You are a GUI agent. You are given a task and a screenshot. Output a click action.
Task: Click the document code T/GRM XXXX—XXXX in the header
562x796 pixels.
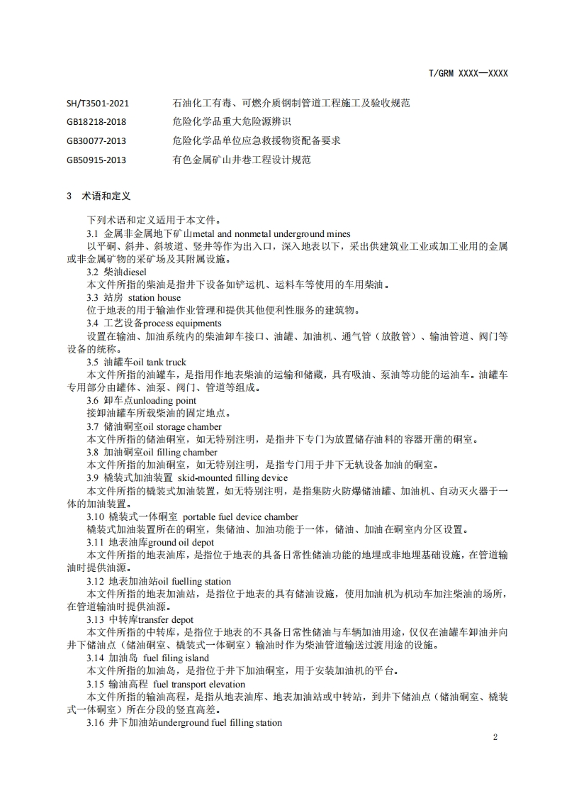tap(468, 73)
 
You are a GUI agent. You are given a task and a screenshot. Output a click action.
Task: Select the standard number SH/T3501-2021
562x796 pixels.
tap(97, 103)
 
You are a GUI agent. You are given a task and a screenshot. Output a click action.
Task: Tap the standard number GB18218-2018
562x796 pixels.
tap(96, 122)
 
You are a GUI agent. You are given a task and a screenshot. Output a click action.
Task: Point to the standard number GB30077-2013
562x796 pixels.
tap(96, 141)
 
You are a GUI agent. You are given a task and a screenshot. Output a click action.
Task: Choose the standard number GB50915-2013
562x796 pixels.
tap(96, 160)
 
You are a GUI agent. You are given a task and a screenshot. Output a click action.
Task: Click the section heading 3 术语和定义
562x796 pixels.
tap(99, 196)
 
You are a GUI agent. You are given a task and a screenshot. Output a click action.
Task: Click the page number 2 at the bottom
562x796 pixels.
tap(495, 737)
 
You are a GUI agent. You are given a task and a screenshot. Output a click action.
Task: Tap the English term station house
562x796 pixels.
tap(154, 298)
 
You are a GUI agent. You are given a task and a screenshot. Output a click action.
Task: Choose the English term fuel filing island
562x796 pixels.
tap(177, 658)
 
